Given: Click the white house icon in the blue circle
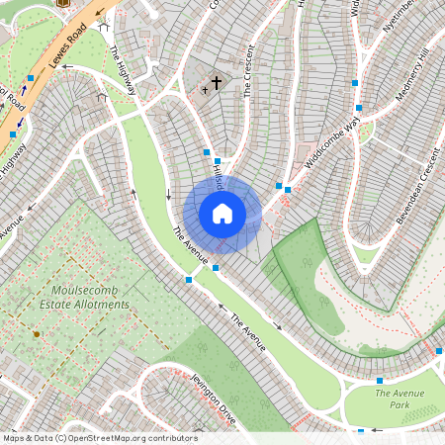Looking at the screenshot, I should pos(222,214).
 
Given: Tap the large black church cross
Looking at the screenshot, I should pos(217,84).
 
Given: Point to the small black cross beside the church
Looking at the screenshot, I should pos(205,90).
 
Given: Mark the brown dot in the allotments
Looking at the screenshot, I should pos(37,335).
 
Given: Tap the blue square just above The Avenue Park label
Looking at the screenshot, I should pos(379,381).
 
